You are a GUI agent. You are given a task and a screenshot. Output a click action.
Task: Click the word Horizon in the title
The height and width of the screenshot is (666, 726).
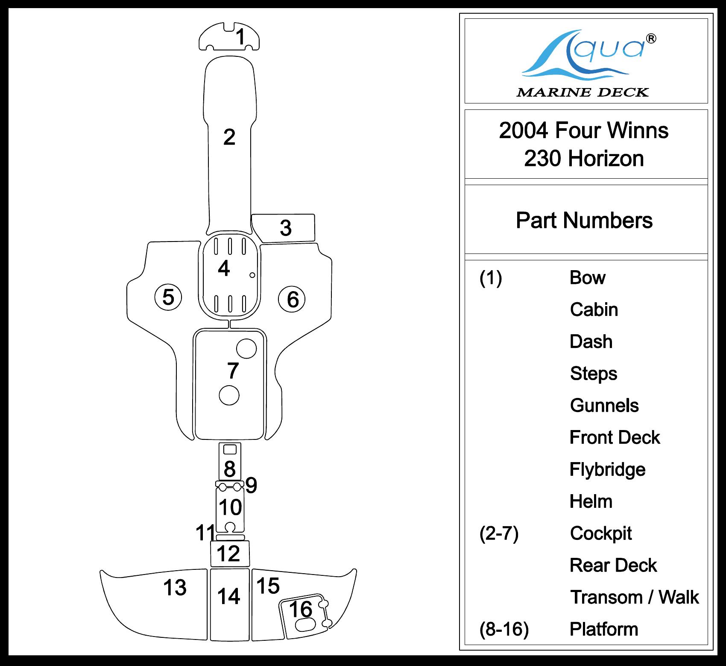click(x=605, y=159)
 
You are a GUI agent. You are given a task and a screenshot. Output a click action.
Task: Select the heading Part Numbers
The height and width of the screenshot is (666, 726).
click(x=584, y=221)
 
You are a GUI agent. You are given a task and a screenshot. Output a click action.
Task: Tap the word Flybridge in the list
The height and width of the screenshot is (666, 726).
click(x=607, y=469)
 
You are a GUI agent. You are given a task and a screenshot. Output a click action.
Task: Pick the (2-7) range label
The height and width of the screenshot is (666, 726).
click(x=499, y=533)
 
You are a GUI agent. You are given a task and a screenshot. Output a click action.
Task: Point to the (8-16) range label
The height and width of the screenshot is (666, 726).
click(x=504, y=629)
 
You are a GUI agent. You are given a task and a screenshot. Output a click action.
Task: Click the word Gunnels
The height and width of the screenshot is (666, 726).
click(x=604, y=406)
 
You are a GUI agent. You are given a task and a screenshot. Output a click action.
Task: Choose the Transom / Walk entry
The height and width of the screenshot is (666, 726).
click(x=634, y=597)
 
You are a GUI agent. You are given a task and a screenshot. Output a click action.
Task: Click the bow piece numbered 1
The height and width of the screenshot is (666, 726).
click(x=229, y=37)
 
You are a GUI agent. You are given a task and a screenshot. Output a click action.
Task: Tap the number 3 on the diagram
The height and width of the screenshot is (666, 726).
click(x=286, y=228)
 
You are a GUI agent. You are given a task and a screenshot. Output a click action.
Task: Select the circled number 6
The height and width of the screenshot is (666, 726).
click(x=293, y=299)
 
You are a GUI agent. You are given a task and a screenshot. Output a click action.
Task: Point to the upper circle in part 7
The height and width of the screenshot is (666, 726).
click(x=246, y=348)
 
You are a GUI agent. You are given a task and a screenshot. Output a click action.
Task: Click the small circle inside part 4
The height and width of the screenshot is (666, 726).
click(x=252, y=275)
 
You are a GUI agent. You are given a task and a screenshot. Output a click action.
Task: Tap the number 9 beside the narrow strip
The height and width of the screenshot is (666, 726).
click(x=252, y=485)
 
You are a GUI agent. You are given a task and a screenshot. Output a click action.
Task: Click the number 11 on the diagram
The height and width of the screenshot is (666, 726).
click(x=205, y=533)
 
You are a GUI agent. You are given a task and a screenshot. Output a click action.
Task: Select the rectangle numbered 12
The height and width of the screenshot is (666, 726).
click(x=230, y=553)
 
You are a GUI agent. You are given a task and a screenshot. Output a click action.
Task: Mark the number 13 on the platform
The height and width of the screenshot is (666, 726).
click(x=175, y=588)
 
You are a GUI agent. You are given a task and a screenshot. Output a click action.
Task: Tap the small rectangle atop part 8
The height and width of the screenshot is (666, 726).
click(x=230, y=449)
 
